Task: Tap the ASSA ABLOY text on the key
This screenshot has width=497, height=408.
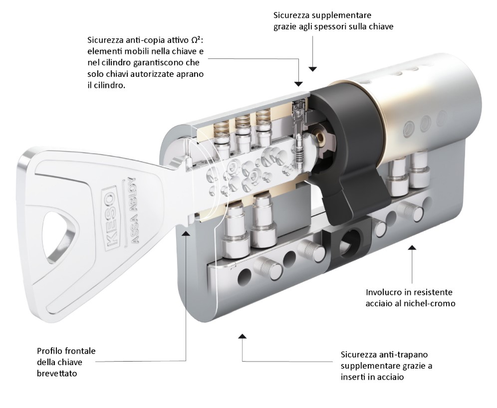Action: [131, 210]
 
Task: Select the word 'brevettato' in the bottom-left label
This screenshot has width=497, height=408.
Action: [57, 374]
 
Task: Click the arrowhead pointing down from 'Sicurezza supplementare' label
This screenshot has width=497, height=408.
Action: [313, 69]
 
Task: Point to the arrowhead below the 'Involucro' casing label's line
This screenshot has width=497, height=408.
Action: [412, 247]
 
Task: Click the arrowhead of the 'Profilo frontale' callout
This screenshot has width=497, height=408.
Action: [186, 234]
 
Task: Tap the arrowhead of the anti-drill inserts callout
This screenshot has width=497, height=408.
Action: [242, 336]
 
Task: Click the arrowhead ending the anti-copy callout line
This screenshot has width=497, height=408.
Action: [298, 84]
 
